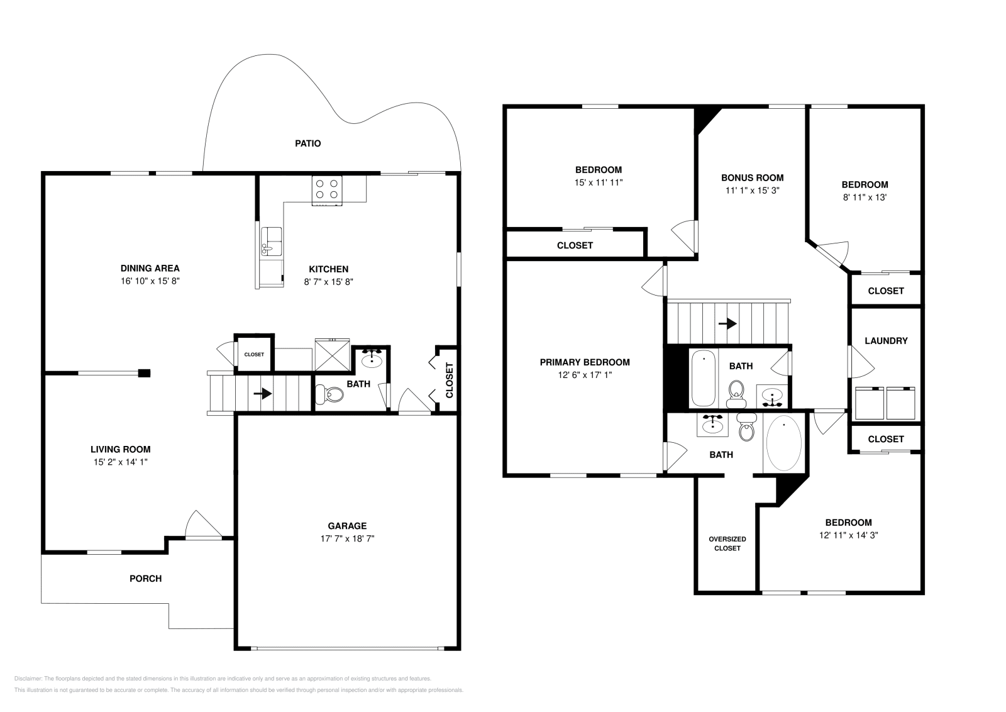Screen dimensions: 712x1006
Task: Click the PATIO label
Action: (x=308, y=143)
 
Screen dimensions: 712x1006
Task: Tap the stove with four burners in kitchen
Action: (x=328, y=190)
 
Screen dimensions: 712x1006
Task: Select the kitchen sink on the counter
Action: (x=272, y=242)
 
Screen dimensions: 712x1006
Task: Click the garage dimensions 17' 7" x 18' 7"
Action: (x=347, y=538)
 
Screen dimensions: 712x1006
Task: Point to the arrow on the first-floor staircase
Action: (x=263, y=394)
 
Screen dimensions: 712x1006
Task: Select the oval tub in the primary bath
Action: (x=784, y=443)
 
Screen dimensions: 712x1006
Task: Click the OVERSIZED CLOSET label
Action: (x=727, y=543)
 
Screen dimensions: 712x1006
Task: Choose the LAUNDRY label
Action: (x=886, y=341)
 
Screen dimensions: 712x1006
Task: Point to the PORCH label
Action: (x=145, y=579)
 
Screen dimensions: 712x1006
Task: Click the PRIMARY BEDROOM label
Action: (x=585, y=362)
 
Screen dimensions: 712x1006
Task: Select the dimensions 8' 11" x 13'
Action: (x=865, y=197)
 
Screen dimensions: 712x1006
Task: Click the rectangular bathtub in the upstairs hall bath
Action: (x=703, y=379)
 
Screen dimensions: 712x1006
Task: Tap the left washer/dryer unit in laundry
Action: (x=870, y=403)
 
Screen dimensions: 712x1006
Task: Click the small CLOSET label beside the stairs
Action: (x=254, y=355)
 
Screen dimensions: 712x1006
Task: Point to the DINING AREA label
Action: (x=150, y=269)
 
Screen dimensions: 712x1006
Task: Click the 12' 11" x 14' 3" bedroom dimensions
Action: (x=848, y=535)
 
